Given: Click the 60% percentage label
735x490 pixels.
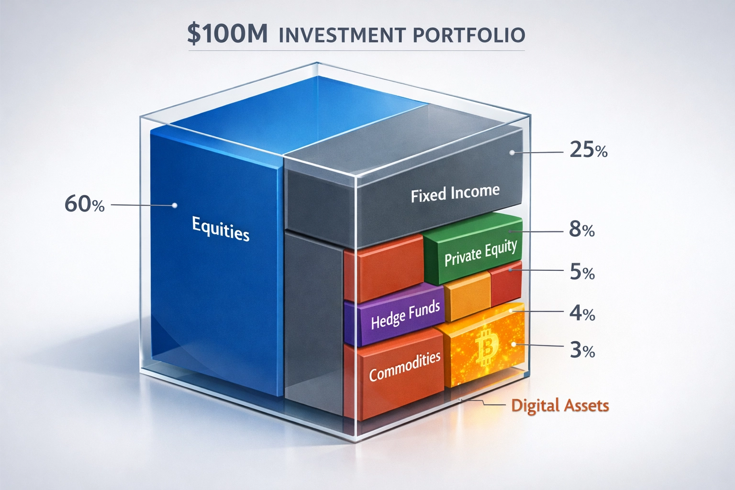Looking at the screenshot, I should click(84, 205).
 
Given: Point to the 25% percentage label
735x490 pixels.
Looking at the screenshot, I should click(589, 151).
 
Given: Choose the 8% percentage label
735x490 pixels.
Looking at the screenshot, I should click(582, 230).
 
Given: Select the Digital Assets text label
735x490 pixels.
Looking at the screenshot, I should click(560, 406).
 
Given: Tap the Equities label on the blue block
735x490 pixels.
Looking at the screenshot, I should click(221, 228).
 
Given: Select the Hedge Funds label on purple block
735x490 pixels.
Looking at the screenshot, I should click(405, 315).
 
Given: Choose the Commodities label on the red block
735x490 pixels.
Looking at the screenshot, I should click(405, 366).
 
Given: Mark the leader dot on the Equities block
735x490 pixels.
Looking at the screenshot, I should click(175, 205).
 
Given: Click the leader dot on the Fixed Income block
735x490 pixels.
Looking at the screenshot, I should click(512, 153).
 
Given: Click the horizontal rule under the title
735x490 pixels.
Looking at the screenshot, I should click(356, 50).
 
